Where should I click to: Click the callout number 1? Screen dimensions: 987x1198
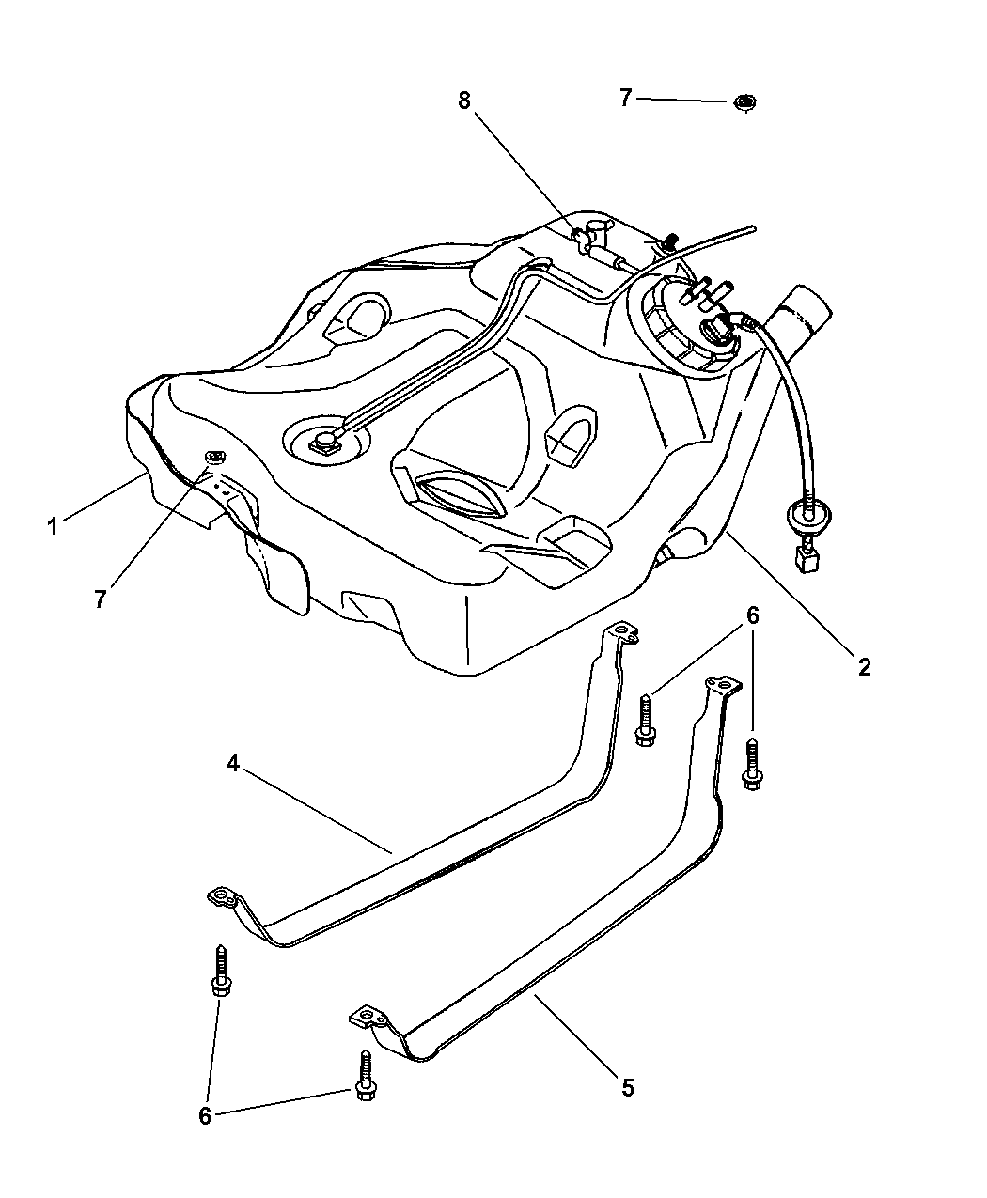(x=53, y=525)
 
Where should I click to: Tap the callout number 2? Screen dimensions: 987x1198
(x=864, y=667)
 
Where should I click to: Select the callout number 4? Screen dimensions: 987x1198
(x=232, y=763)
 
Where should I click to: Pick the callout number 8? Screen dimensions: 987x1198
(x=464, y=101)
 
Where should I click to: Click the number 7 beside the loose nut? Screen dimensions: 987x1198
(x=626, y=98)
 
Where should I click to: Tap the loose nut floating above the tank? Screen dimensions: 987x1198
(x=745, y=102)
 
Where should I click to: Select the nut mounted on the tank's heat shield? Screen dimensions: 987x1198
(x=214, y=457)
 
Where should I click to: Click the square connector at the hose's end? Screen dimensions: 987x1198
(x=808, y=559)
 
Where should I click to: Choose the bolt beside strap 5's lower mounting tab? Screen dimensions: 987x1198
(x=366, y=1075)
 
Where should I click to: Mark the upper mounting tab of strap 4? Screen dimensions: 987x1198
(x=621, y=632)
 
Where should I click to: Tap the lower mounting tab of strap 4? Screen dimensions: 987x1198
(x=223, y=898)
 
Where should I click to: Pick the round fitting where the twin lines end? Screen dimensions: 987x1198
(x=325, y=442)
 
